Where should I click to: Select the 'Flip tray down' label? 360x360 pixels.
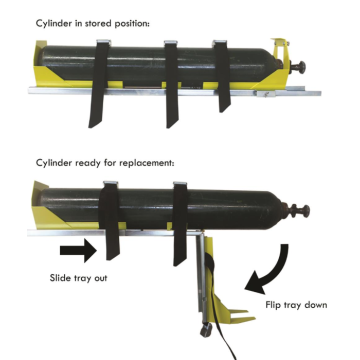tap(297, 306)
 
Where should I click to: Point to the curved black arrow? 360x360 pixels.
tap(274, 262)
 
